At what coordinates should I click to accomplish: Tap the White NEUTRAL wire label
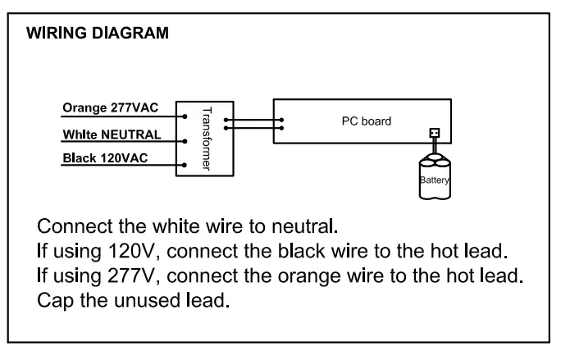112,134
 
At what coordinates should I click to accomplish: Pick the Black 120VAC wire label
105,157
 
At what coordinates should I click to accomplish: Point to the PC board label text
366,121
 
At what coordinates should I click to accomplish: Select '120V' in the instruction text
121,248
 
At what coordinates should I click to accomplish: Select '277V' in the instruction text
121,271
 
